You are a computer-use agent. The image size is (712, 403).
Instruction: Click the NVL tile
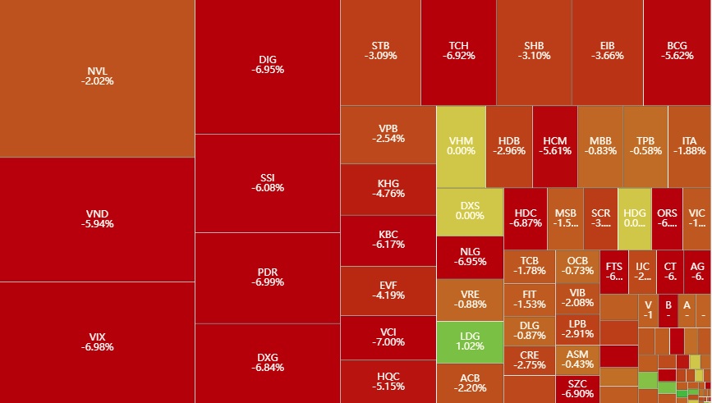97,76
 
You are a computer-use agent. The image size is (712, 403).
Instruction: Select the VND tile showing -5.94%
97,218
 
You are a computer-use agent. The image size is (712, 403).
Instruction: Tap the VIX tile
97,341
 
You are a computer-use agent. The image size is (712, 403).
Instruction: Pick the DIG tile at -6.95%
268,65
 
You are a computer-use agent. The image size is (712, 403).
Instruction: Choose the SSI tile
268,182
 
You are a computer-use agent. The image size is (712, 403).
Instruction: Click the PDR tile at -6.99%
268,277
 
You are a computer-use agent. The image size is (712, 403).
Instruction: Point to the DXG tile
268,362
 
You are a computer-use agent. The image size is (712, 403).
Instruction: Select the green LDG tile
470,341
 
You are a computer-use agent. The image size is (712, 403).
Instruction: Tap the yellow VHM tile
461,146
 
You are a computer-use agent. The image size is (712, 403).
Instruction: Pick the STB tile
380,51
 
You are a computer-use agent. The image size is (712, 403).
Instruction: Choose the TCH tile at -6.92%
458,51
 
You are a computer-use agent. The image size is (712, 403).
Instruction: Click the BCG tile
678,51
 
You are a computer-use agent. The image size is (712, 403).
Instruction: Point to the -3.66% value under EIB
608,56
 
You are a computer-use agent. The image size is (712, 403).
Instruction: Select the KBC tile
388,239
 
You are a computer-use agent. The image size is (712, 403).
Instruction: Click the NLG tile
470,257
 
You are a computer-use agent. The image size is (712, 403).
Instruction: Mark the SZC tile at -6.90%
577,389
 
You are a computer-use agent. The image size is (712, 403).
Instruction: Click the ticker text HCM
555,140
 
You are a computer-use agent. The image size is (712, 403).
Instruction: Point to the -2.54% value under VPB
388,139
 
